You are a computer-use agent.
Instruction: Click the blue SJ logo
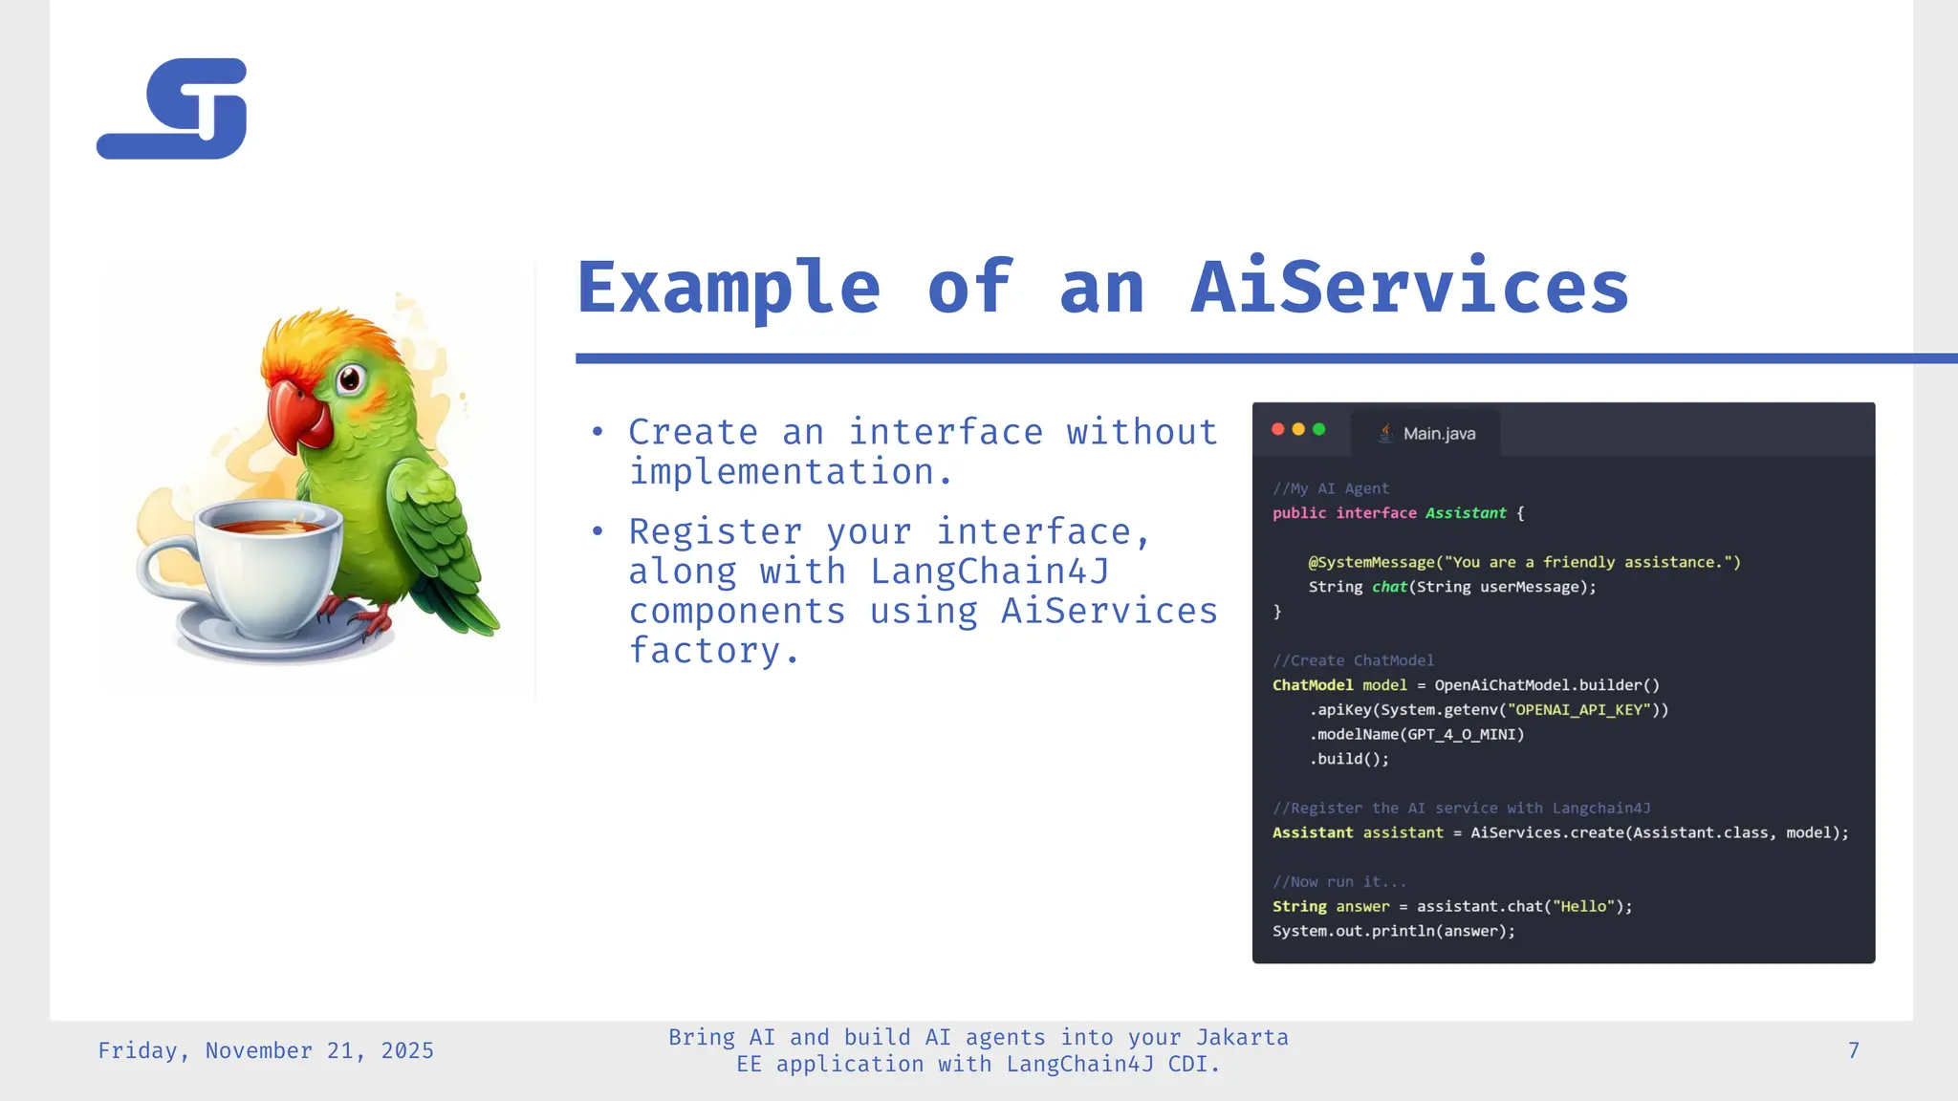pos(172,109)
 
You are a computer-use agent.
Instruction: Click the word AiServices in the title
pos(1409,287)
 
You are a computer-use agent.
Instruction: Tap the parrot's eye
pos(350,379)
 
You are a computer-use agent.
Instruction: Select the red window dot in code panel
pos(1277,429)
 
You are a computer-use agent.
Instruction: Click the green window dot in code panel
pos(1319,429)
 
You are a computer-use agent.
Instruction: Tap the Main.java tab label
pos(1438,434)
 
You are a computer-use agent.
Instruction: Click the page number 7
pos(1853,1050)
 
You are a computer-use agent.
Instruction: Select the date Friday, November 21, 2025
pos(266,1050)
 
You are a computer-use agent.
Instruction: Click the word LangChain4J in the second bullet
pos(990,572)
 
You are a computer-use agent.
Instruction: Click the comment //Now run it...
pos(1338,881)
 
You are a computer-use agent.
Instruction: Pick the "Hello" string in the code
pos(1583,906)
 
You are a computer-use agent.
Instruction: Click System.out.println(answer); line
pos(1393,931)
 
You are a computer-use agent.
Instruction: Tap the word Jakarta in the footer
pos(1242,1037)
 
